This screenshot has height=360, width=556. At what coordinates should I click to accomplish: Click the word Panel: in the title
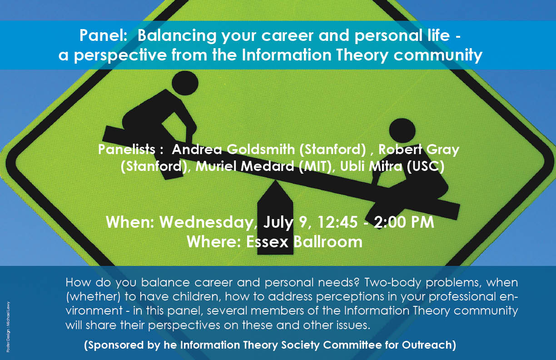pyautogui.click(x=103, y=35)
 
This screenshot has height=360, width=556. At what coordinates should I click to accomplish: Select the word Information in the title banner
pyautogui.click(x=287, y=55)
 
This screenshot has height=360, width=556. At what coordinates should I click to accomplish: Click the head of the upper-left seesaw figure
pyautogui.click(x=185, y=83)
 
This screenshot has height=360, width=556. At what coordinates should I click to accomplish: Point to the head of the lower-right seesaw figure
pyautogui.click(x=402, y=131)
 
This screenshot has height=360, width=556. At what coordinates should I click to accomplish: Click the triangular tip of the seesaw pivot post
pyautogui.click(x=275, y=181)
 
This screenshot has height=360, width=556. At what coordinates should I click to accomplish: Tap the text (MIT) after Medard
pyautogui.click(x=315, y=166)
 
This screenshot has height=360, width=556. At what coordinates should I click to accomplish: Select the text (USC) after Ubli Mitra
pyautogui.click(x=426, y=166)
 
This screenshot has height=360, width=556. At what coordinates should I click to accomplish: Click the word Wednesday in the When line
pyautogui.click(x=207, y=222)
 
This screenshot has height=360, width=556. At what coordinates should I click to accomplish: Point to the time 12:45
pyautogui.click(x=338, y=222)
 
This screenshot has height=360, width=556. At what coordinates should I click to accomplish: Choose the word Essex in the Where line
pyautogui.click(x=267, y=242)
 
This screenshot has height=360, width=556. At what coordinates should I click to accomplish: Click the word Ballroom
pyautogui.click(x=328, y=242)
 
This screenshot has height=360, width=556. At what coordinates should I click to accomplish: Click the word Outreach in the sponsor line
pyautogui.click(x=429, y=345)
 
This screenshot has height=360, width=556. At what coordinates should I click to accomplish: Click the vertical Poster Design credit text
pyautogui.click(x=8, y=327)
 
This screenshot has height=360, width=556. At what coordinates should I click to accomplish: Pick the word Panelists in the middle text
pyautogui.click(x=127, y=149)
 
